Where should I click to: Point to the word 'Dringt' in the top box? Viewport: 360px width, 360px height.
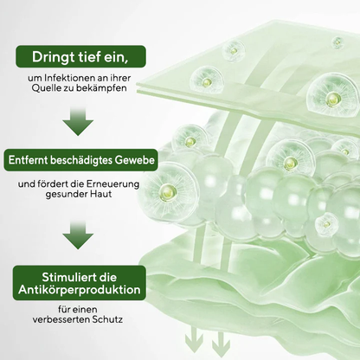pos(54,58)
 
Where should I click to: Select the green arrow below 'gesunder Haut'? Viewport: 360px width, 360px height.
pos(77,234)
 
